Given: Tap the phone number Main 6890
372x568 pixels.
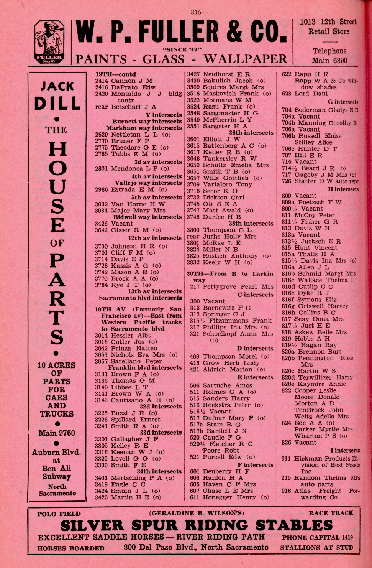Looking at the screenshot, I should coord(329,60).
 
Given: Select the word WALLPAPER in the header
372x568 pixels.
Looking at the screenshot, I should coord(245,59).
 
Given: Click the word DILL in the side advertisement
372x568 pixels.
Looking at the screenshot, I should coord(57,103).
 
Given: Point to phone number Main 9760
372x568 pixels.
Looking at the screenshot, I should coord(57,433).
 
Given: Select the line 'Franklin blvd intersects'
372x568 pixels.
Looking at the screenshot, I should coord(145,367).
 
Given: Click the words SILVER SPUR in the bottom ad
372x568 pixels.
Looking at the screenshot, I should coord(113,525).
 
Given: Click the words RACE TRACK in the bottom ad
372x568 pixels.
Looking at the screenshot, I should coord(331,513).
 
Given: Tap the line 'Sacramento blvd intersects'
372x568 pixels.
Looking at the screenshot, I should coord(140,298).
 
